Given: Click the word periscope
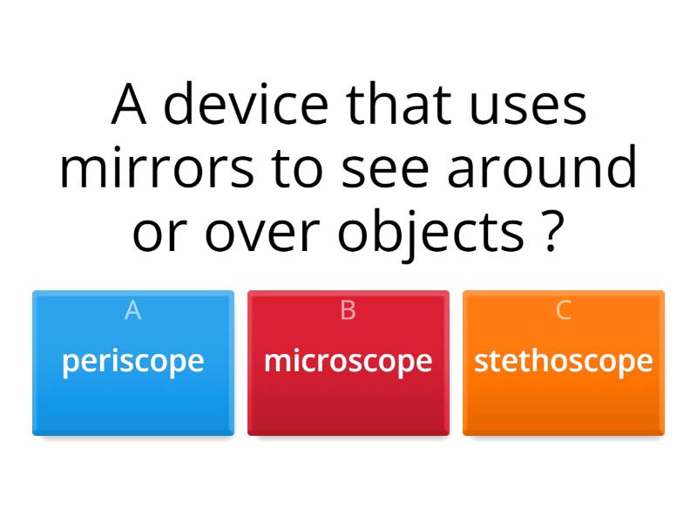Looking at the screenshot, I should pos(132,361).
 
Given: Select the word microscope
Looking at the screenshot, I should pos(348,361).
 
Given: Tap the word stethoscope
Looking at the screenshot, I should pos(563,361).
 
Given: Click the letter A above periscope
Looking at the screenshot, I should pos(132,310).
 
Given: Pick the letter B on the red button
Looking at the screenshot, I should pos(348,310).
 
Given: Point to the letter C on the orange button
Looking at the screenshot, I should pos(563,310).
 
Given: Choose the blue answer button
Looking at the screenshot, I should pos(132,401).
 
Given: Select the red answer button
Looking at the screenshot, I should pos(348,401).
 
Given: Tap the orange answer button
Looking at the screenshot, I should pos(563,401).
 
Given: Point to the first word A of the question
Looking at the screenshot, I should pos(128,105).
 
